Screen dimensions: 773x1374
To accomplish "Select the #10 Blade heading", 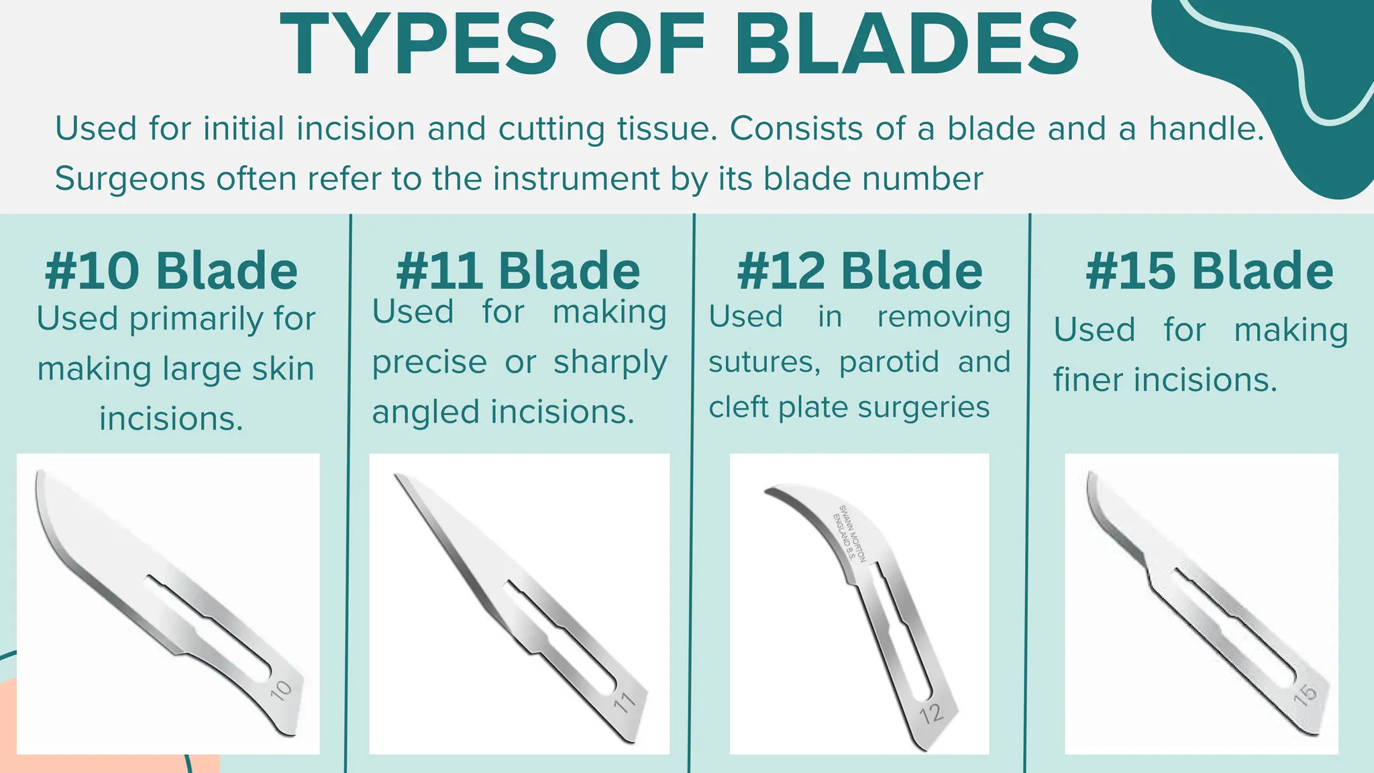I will coord(172,270).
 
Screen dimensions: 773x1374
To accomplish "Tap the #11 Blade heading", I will coord(518,270).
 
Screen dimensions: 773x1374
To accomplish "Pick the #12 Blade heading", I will coord(859,270).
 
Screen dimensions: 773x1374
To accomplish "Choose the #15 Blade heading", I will coord(1210,270).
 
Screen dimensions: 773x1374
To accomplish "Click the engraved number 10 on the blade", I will coord(281,690).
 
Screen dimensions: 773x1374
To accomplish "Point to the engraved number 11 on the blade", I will coord(624,703).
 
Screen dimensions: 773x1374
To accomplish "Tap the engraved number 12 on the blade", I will coord(932,713).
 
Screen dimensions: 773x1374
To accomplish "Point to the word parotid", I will coord(889,362).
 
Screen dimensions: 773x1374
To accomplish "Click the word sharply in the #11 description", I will coord(610,362).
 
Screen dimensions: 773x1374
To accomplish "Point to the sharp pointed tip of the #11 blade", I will coord(397,476).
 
